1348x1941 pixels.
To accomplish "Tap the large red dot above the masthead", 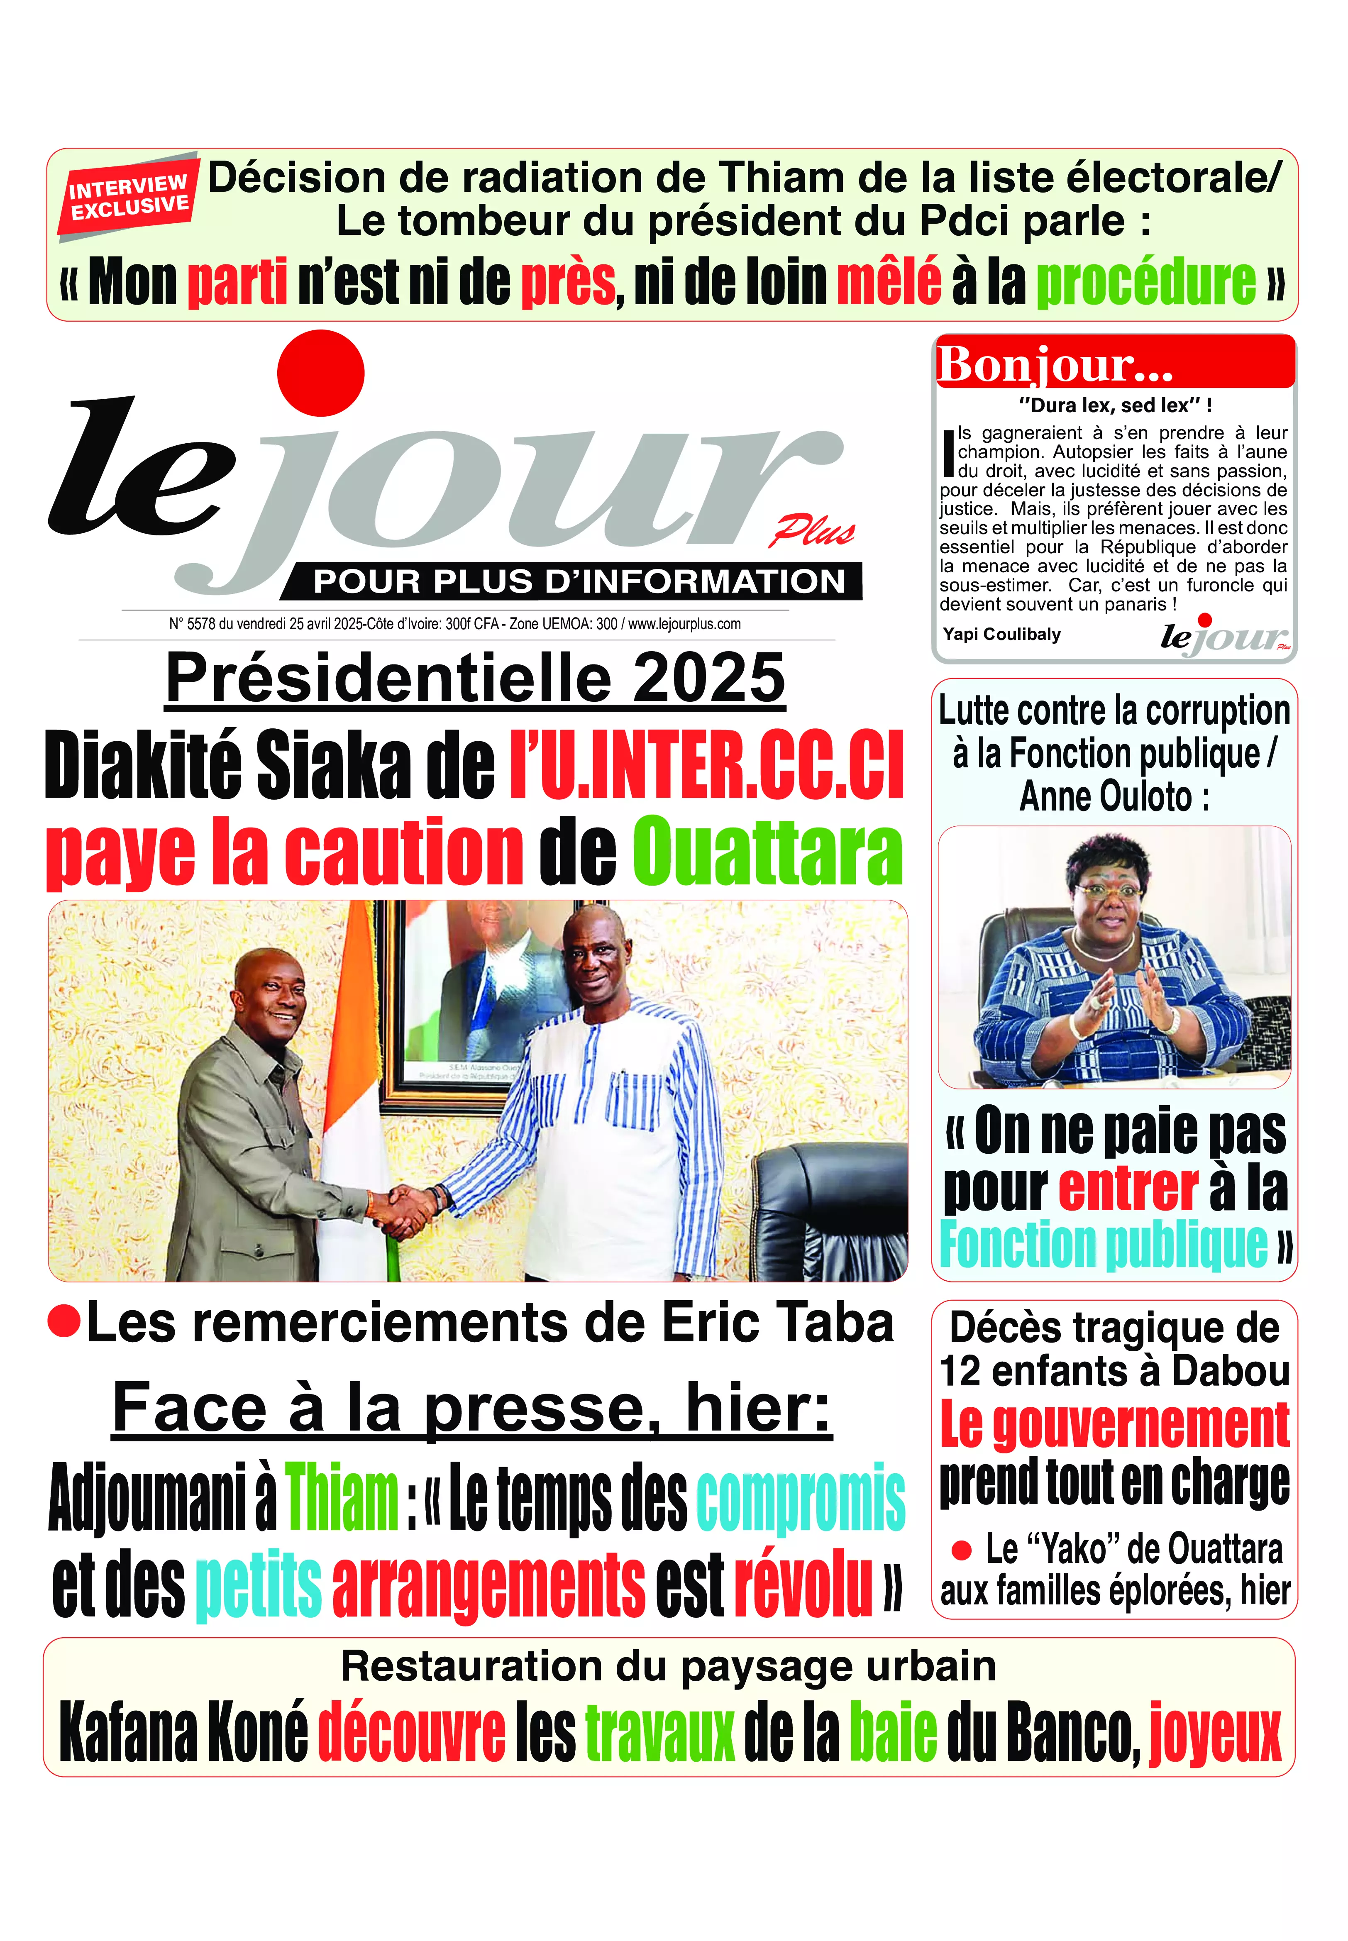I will tap(321, 373).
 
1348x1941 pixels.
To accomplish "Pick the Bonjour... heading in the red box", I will tap(1056, 365).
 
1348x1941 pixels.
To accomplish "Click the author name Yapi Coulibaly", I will tap(1002, 634).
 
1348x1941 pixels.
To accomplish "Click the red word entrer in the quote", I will tap(1128, 1189).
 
